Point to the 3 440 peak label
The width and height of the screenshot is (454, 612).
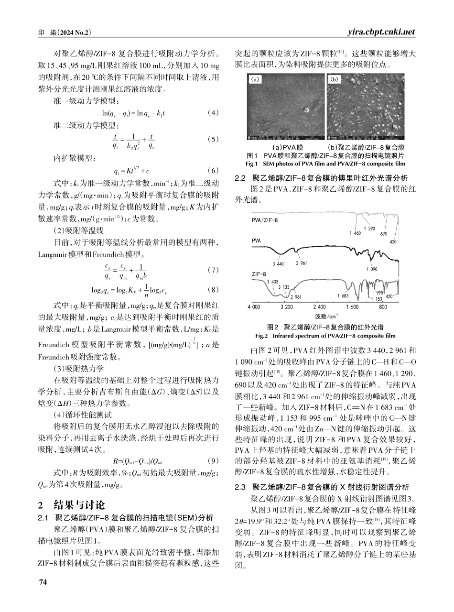click(278, 264)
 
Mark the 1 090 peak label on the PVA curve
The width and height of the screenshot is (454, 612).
click(371, 269)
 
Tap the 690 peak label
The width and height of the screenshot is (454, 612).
click(383, 234)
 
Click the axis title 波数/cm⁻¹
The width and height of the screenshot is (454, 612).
click(326, 316)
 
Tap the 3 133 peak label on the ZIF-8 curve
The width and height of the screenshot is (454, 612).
click(283, 287)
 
